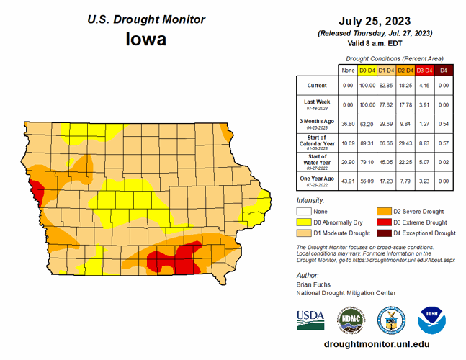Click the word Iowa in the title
click(146, 38)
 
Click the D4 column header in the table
click(444, 70)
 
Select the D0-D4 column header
click(367, 70)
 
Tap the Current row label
click(317, 86)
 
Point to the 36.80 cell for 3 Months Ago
click(348, 122)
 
